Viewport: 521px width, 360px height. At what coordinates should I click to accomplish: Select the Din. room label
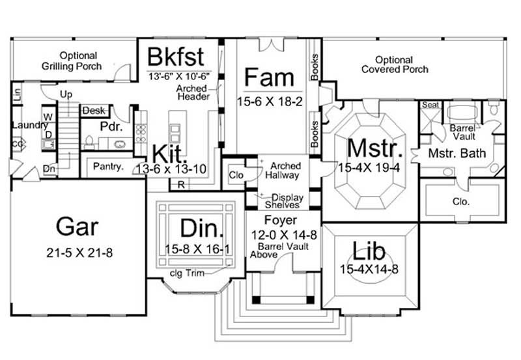(202, 229)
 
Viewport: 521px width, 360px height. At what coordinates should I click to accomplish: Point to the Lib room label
(367, 251)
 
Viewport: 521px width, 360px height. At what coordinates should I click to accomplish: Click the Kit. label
(171, 154)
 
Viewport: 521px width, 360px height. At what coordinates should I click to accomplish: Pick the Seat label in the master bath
(429, 105)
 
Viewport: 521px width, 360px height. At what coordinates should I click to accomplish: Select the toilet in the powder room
(90, 142)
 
